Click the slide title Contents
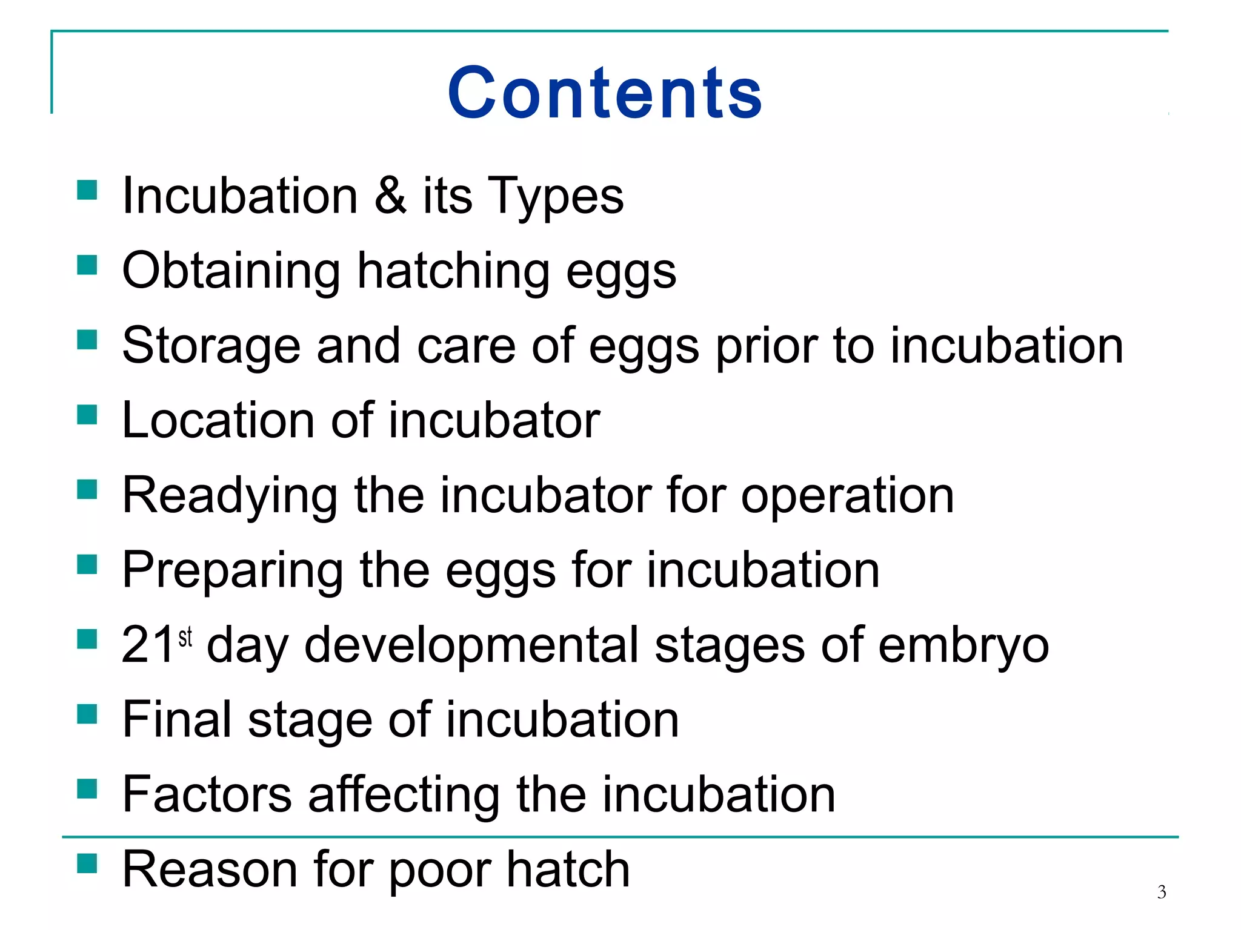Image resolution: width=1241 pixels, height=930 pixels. pos(605,93)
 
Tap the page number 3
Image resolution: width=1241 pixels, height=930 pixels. pos(1161,892)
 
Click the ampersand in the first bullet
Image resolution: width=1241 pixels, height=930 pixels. pos(390,195)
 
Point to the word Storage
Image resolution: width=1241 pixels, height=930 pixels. pos(211,346)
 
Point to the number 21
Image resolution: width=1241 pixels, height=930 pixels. pos(148,645)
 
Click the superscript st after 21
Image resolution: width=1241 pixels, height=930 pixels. pos(185,638)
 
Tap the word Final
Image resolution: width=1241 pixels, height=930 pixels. pos(177,719)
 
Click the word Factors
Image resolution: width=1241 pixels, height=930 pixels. pos(207,794)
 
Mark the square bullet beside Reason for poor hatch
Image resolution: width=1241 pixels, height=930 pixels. pos(87,863)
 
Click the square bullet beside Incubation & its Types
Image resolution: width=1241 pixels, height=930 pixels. pos(87,190)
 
